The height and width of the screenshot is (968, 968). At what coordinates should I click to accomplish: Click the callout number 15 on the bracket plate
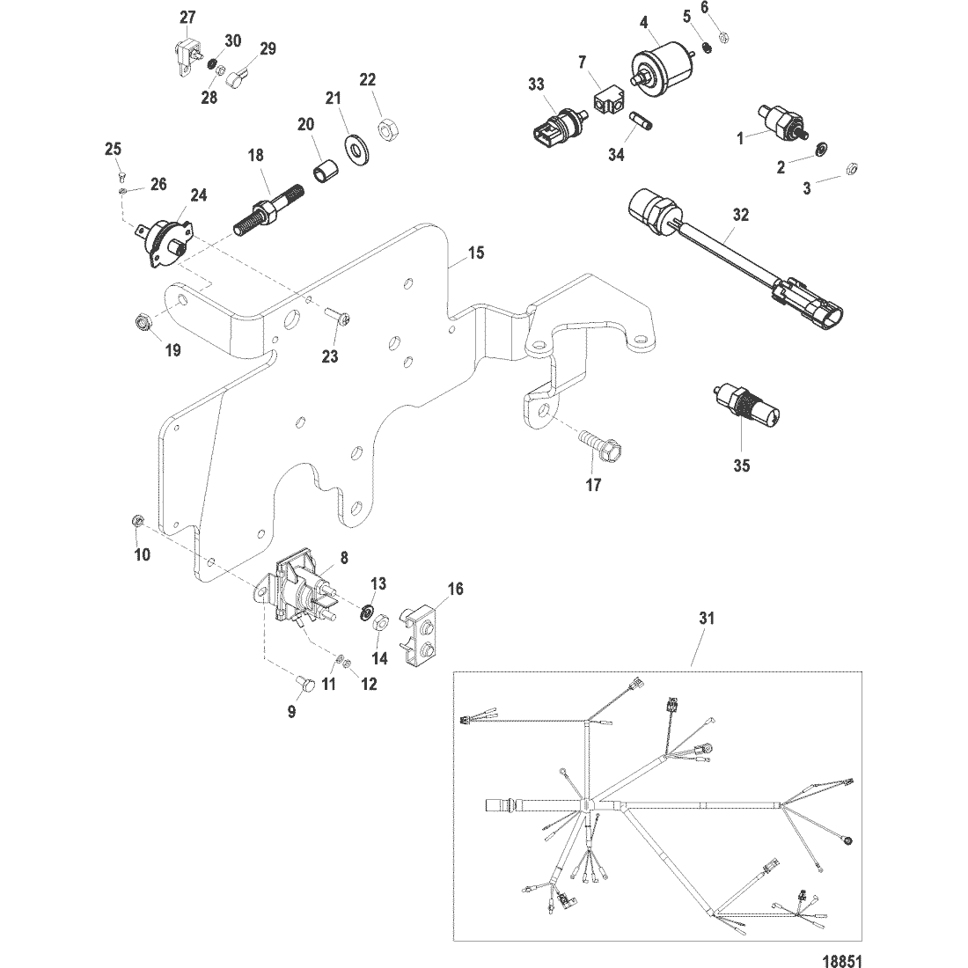click(x=476, y=253)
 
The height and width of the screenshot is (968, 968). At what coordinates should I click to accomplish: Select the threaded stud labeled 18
click(x=268, y=209)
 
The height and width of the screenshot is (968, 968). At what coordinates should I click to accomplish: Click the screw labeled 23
click(x=338, y=318)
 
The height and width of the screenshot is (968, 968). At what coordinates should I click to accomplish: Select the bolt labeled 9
click(x=304, y=683)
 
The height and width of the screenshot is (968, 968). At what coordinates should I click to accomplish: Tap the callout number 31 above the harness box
click(x=707, y=618)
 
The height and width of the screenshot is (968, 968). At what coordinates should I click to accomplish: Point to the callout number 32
click(x=740, y=215)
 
